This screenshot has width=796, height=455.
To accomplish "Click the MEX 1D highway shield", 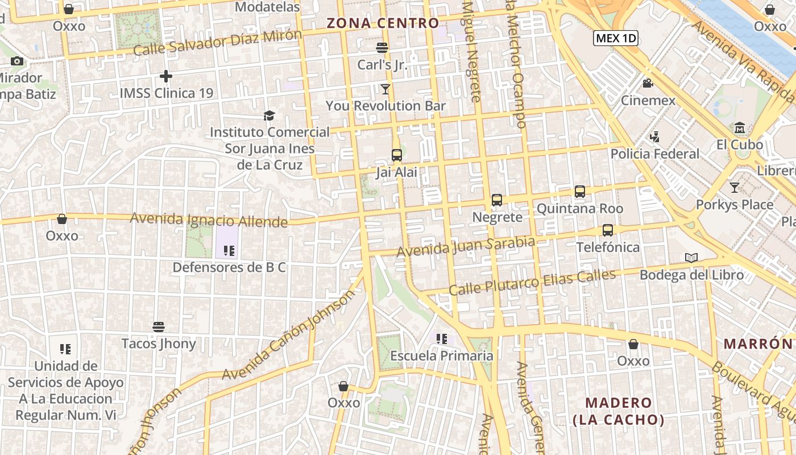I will pyautogui.click(x=616, y=38).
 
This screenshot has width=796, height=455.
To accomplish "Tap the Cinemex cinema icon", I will pyautogui.click(x=648, y=84).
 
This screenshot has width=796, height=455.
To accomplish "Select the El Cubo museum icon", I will pyautogui.click(x=740, y=127).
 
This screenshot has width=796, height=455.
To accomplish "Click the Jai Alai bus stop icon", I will pyautogui.click(x=397, y=155).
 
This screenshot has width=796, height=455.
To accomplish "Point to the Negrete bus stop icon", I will pyautogui.click(x=497, y=200).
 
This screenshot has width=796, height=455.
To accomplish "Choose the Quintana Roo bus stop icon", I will pyautogui.click(x=580, y=192).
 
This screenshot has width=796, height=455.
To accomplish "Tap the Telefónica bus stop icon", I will pyautogui.click(x=608, y=230).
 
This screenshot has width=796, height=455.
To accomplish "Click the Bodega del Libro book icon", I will pyautogui.click(x=691, y=258).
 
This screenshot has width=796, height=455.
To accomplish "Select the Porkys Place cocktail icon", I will pyautogui.click(x=735, y=187).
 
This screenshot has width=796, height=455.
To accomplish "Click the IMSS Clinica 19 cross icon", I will pyautogui.click(x=166, y=76).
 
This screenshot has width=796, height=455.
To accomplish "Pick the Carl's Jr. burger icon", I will pyautogui.click(x=382, y=48).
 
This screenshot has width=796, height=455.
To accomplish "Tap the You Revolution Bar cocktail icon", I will pyautogui.click(x=385, y=89).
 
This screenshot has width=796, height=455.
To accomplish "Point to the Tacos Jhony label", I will pyautogui.click(x=159, y=344).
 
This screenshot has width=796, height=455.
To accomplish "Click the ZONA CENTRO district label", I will pyautogui.click(x=383, y=23).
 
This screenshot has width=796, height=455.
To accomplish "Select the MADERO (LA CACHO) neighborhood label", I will pyautogui.click(x=619, y=411).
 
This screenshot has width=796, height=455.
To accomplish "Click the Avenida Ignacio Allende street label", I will pyautogui.click(x=209, y=220).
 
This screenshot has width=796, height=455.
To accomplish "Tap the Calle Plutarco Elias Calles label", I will pyautogui.click(x=532, y=283).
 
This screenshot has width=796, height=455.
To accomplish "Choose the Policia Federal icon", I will pyautogui.click(x=654, y=136).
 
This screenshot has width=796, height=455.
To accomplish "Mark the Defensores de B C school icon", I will pyautogui.click(x=229, y=250).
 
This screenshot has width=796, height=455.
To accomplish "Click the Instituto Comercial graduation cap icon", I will pyautogui.click(x=269, y=116).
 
